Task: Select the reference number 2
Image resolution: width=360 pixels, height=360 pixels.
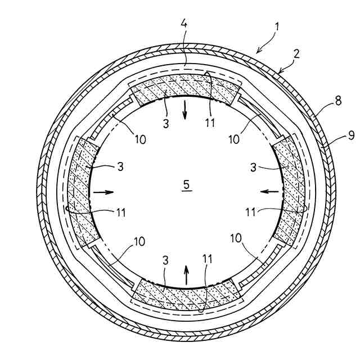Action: point(296,55)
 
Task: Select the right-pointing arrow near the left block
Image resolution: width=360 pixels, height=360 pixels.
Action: point(103,192)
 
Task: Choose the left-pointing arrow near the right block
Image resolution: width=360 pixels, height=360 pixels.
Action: point(269,192)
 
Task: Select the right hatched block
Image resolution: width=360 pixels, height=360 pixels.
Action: point(290,191)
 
